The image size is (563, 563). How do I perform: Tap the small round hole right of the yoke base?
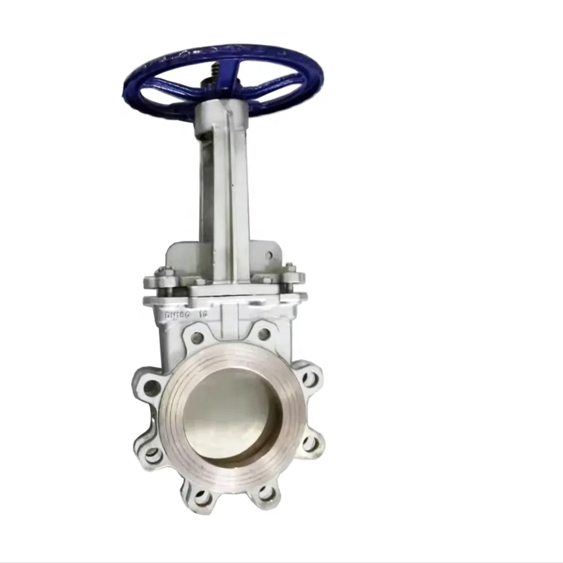click(x=270, y=255)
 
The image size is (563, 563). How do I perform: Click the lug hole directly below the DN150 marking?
click(x=197, y=338)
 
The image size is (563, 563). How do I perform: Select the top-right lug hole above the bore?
click(x=264, y=335)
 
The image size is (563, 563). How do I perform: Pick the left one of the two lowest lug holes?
click(x=203, y=498)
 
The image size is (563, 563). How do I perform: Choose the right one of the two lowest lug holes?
click(x=266, y=494)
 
